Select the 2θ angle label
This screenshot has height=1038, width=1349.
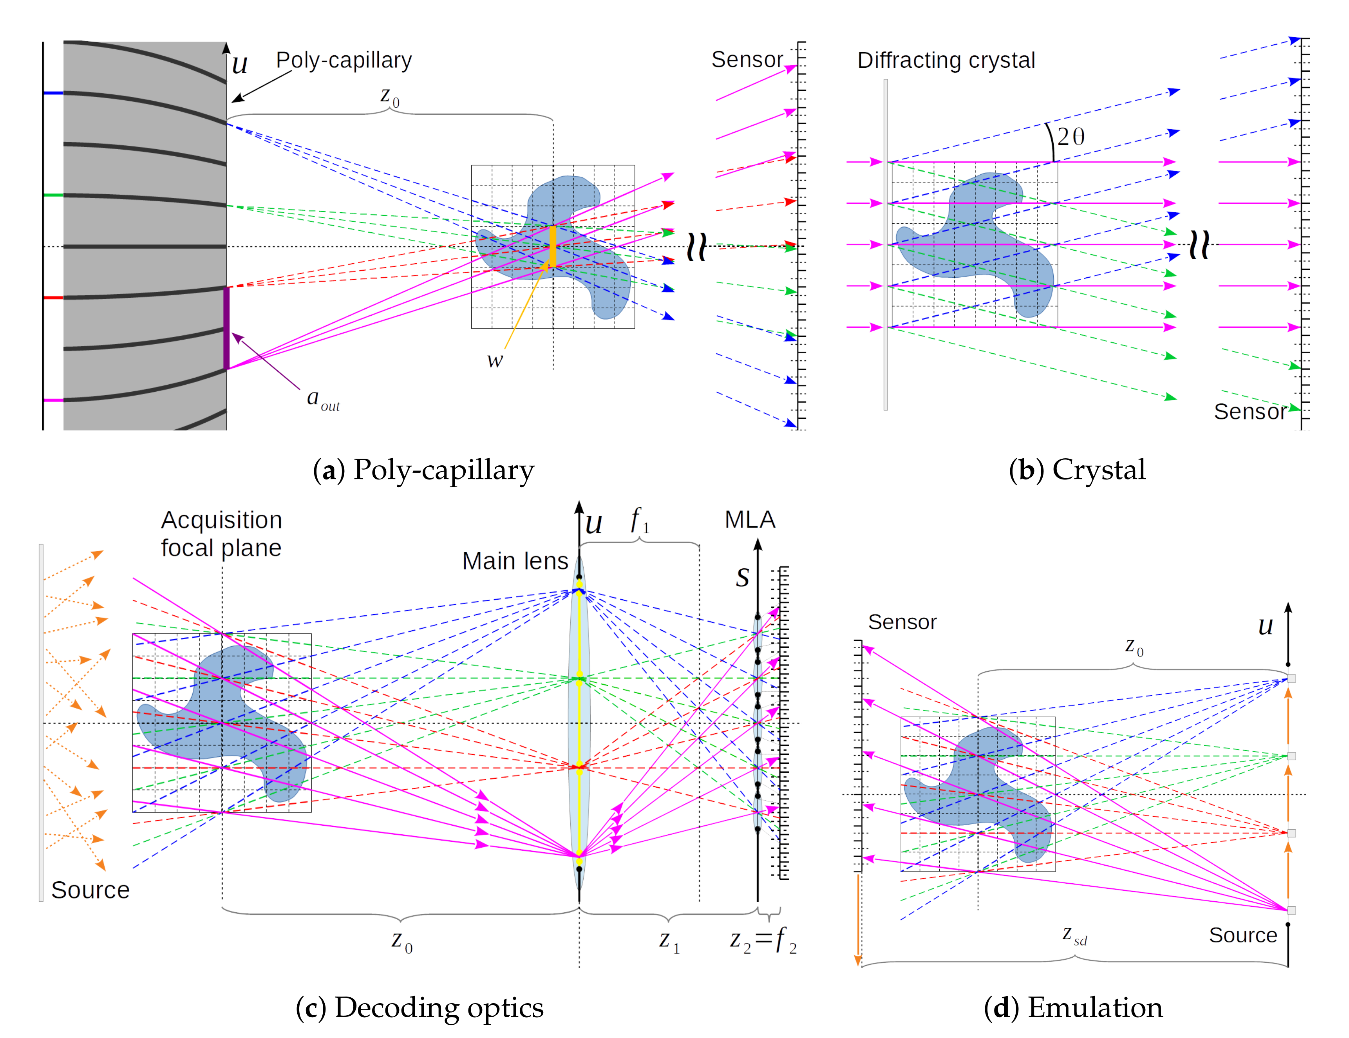click(1071, 137)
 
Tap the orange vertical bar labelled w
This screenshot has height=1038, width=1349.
click(553, 246)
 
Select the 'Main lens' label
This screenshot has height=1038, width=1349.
click(515, 561)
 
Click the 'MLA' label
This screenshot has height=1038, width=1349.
click(749, 520)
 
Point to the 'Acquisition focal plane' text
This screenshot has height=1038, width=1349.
click(221, 534)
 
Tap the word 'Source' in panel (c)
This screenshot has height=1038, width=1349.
click(90, 890)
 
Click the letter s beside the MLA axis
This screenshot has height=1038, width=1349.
click(742, 577)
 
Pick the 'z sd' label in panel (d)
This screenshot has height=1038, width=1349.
click(1074, 935)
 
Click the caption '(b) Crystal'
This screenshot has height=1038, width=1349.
click(1077, 470)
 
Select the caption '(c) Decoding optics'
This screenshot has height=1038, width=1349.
click(420, 1007)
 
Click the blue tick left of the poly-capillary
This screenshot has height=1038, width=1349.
click(53, 93)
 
